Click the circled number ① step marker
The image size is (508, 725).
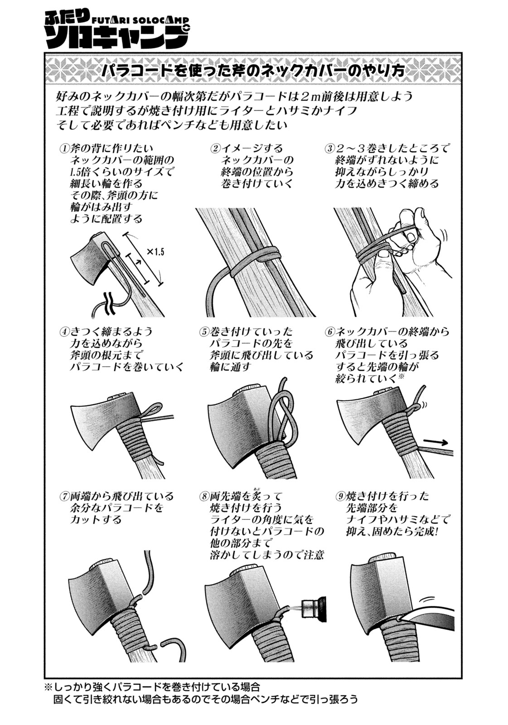(x=64, y=149)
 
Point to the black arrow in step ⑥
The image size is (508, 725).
(x=436, y=442)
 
